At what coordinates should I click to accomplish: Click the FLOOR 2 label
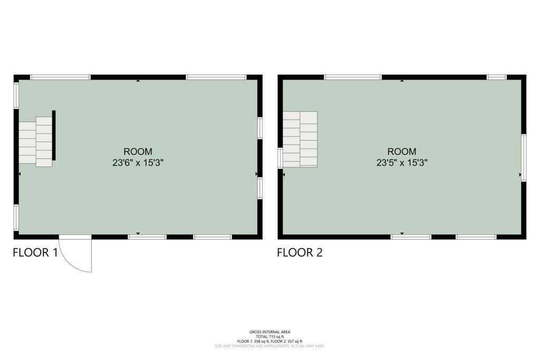(x=300, y=252)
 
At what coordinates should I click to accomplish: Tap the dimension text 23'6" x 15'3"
(x=138, y=162)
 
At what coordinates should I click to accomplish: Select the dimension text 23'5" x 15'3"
(x=402, y=162)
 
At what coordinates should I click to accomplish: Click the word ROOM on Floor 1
(x=138, y=151)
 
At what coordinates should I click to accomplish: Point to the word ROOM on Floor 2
(x=402, y=151)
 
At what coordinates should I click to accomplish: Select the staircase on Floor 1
(x=35, y=141)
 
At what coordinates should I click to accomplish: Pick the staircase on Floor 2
(x=300, y=139)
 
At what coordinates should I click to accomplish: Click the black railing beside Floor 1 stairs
(x=54, y=135)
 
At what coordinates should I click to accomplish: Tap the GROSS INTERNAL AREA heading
(x=270, y=332)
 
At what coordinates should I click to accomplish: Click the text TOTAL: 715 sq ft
(x=270, y=337)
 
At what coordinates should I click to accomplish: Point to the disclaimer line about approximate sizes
(x=270, y=346)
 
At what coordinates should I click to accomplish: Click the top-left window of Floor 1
(x=60, y=77)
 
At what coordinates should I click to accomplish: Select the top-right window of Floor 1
(x=216, y=77)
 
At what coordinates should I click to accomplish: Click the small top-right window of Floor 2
(x=497, y=77)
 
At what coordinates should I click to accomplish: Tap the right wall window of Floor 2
(x=524, y=158)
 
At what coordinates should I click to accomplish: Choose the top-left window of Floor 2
(x=353, y=77)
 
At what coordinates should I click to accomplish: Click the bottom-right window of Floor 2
(x=476, y=237)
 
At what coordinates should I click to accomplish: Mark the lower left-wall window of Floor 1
(x=16, y=218)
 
